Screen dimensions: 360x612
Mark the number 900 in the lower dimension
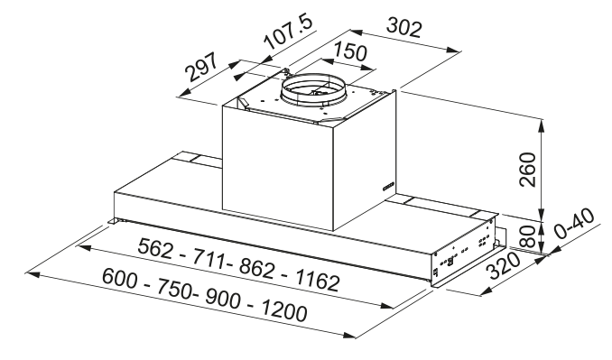point(217,299)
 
